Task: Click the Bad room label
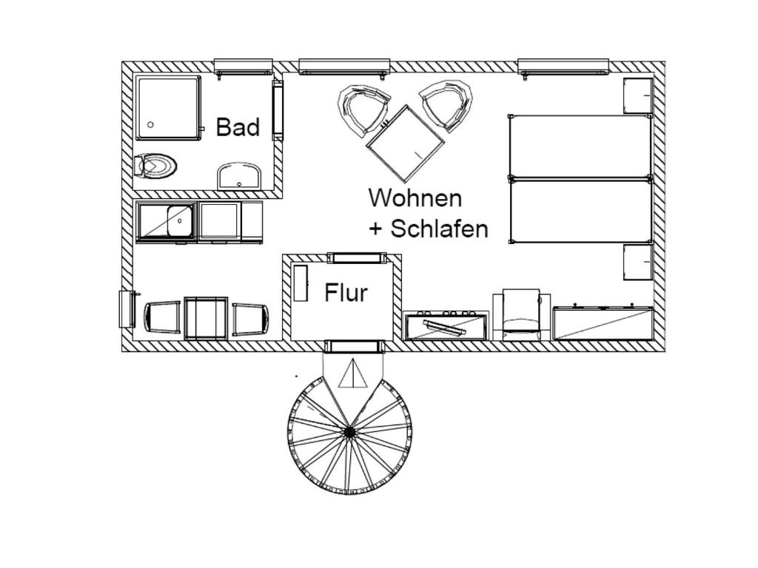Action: point(238,127)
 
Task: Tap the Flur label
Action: point(346,293)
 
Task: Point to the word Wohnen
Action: point(415,198)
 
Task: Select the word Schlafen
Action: point(440,229)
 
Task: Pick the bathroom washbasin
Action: point(239,176)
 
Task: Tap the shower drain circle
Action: point(151,124)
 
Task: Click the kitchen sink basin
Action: point(180,220)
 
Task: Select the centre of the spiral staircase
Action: point(349,431)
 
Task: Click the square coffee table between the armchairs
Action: point(405,143)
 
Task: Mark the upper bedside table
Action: point(638,95)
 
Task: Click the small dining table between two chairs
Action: point(206,318)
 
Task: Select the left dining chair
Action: point(162,318)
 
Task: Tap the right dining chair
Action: point(250,319)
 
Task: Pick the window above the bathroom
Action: point(243,67)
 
